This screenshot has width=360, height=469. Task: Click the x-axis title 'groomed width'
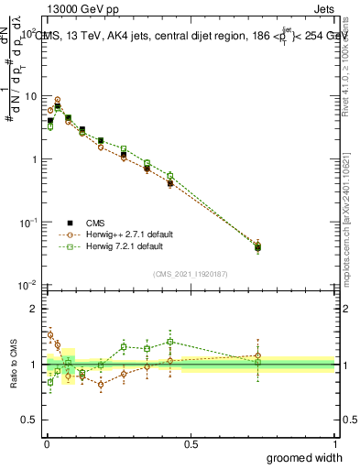click(292, 457)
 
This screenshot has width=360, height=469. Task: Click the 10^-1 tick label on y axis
click(30, 223)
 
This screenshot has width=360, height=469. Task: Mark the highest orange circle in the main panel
click(58, 100)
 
